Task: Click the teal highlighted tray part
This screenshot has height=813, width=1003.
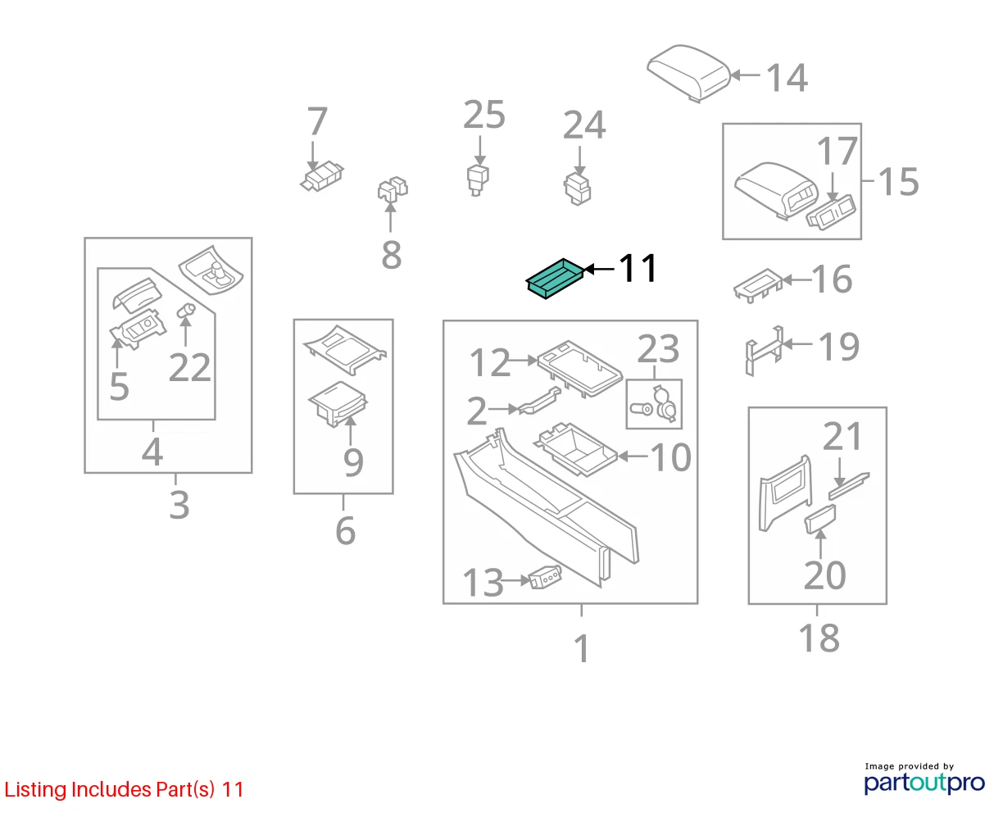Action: coord(555,278)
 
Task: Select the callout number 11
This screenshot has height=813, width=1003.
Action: coord(638,268)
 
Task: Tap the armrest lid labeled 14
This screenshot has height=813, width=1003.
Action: coord(688,73)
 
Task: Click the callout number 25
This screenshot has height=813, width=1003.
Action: coord(483,115)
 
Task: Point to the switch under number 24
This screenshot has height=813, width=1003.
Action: coord(578,188)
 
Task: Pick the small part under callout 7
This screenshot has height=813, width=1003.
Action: coord(322,177)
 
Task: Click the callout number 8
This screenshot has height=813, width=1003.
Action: coord(391,256)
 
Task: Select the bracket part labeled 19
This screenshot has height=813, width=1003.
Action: coord(765,351)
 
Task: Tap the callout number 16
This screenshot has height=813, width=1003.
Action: coord(832,279)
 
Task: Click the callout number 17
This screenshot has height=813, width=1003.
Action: coord(837,151)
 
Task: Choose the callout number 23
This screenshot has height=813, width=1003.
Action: coord(658,349)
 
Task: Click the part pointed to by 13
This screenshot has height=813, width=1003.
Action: coord(545,578)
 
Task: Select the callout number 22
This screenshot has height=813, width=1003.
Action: coord(189,367)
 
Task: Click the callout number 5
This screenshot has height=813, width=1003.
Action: coord(119,387)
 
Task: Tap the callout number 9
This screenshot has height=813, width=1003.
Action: coord(353,462)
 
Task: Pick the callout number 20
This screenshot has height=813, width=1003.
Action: coord(824,575)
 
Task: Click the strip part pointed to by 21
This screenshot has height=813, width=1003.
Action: coord(849,486)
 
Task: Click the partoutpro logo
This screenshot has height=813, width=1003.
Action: coord(924,783)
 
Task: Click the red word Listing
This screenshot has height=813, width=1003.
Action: coord(36,790)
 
